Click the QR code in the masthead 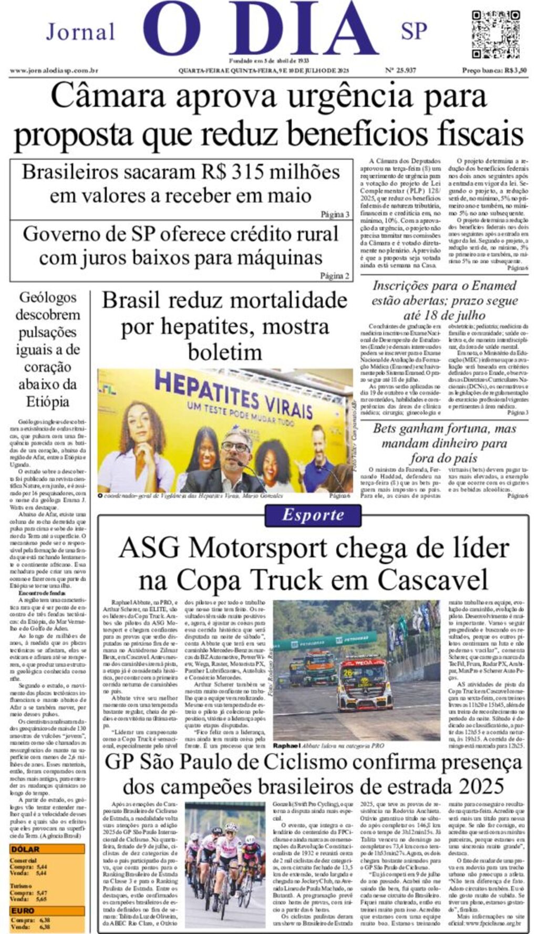point(495,34)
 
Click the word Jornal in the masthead point(80,32)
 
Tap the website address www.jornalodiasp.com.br point(54,70)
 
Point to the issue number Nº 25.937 point(400,70)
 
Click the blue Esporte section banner point(313,515)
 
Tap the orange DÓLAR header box point(47,849)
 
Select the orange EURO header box point(47,911)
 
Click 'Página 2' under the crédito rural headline point(335,276)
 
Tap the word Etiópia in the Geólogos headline point(48,402)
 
